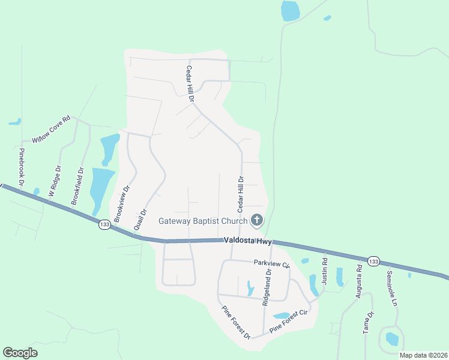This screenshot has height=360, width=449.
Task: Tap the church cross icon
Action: click(256, 220)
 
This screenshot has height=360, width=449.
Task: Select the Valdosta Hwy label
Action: click(248, 240)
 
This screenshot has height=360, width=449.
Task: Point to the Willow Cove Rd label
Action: click(51, 129)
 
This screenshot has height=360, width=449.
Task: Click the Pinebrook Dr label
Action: click(22, 166)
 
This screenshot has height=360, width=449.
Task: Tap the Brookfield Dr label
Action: click(77, 186)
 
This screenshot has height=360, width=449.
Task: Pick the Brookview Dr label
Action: click(122, 204)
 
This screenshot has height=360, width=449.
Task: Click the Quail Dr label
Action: click(140, 220)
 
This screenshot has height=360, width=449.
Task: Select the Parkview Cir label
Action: click(271, 263)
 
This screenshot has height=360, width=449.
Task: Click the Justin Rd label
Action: click(324, 270)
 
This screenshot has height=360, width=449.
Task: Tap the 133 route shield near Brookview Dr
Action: click(104, 224)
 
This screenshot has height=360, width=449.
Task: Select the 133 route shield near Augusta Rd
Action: click(373, 261)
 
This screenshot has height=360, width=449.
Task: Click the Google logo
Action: click(20, 353)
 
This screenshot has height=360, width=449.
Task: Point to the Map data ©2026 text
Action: click(423, 355)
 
